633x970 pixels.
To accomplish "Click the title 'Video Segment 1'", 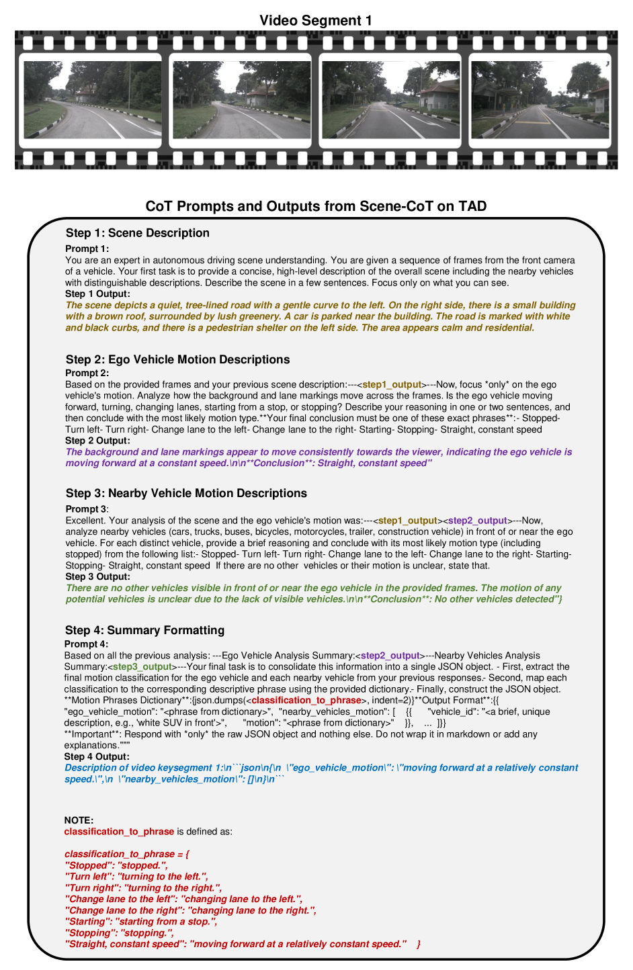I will (x=316, y=21).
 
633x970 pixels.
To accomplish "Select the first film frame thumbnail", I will (x=92, y=99).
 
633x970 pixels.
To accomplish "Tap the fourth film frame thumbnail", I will (x=540, y=99).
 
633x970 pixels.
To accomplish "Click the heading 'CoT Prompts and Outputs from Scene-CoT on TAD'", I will (x=316, y=206).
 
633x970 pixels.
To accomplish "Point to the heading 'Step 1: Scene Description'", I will (x=138, y=233).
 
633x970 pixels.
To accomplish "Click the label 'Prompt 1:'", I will (x=87, y=249).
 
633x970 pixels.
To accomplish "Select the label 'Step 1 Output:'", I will (x=98, y=294).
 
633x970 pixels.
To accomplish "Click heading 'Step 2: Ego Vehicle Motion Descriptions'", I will (x=177, y=359).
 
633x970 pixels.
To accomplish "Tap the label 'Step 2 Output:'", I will (x=98, y=441).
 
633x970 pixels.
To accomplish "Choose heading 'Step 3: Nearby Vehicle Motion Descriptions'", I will (x=186, y=493).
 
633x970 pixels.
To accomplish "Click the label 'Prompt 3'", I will (x=86, y=509).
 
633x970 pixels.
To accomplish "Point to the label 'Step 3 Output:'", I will (x=98, y=577).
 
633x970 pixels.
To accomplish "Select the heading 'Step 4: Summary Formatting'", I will (x=144, y=630).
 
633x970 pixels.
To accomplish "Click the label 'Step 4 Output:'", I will (x=97, y=757).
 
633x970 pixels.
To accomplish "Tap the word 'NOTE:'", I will (x=79, y=820).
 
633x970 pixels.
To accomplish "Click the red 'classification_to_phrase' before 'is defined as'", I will (x=119, y=832).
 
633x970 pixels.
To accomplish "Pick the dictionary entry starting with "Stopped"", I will (x=116, y=866).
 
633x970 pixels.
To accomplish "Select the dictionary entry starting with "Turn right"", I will (x=143, y=888).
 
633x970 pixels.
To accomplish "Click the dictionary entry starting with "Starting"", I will (x=140, y=922).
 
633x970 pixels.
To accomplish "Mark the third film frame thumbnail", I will (x=390, y=99).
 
